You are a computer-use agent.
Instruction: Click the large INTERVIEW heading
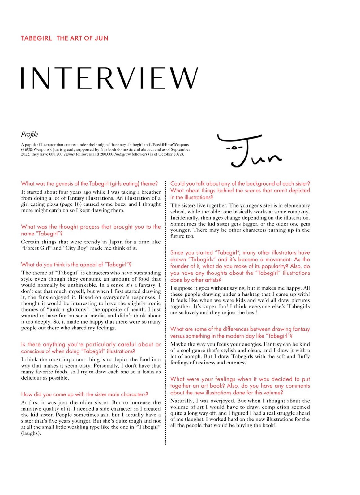coord(109,78)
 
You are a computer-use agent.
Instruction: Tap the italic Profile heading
coord(29,135)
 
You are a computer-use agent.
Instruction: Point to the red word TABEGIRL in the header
coord(36,38)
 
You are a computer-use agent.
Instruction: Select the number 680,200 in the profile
coord(56,154)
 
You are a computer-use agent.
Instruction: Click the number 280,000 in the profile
coord(107,154)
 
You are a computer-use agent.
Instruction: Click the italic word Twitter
coord(69,154)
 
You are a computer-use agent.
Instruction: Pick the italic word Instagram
coord(122,154)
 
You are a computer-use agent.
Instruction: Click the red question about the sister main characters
coord(84,394)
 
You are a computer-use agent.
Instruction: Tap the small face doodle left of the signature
coord(234,148)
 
